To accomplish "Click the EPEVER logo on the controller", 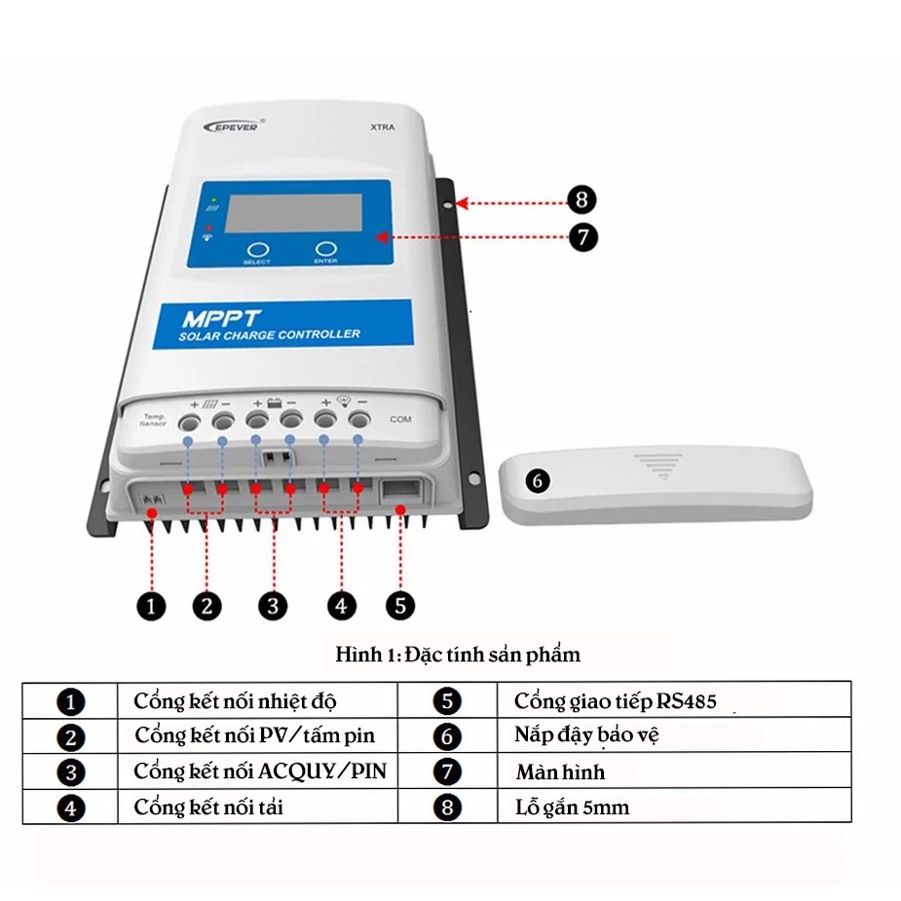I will tap(231, 127).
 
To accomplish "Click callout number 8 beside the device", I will tap(582, 201).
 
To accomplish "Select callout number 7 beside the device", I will tap(582, 237).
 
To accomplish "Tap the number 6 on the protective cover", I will tap(539, 481).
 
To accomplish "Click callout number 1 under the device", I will tap(151, 605).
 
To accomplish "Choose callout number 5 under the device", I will tap(400, 605).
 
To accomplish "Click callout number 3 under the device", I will tap(273, 605).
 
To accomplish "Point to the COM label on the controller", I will tap(400, 419).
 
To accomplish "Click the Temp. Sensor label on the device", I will tap(153, 420).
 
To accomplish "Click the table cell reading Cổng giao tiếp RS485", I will tap(622, 700).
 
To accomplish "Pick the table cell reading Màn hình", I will tap(560, 772).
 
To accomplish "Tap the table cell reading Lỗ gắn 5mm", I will tap(572, 807).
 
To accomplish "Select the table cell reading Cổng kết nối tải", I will tap(208, 807).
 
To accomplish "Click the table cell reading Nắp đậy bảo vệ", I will tap(586, 735).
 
